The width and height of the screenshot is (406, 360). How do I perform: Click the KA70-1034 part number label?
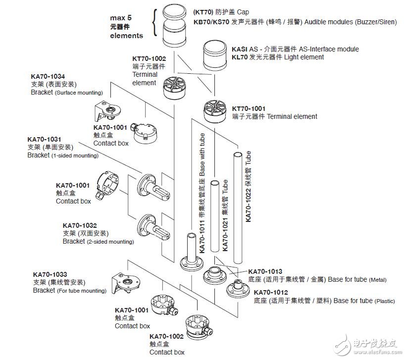(x=48, y=77)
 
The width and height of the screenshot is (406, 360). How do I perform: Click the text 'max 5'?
(x=120, y=18)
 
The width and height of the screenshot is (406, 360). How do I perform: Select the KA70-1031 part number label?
(x=44, y=140)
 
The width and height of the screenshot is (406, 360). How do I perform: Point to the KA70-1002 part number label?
(x=166, y=336)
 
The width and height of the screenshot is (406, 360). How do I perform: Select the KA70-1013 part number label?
(x=265, y=271)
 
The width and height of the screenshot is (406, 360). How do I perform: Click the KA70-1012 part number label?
(x=271, y=293)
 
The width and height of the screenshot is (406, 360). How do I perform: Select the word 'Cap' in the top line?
(x=243, y=12)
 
